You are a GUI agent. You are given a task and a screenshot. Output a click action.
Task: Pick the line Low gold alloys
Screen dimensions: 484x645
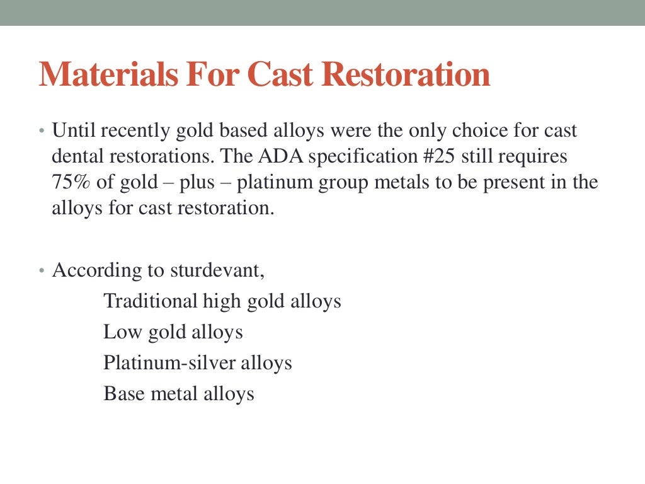point(173,331)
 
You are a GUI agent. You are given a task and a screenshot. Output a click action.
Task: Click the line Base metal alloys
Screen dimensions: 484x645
point(179,394)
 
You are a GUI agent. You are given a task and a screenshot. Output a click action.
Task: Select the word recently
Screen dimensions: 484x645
point(130,131)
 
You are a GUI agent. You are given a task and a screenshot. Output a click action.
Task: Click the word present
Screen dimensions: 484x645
point(525,183)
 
